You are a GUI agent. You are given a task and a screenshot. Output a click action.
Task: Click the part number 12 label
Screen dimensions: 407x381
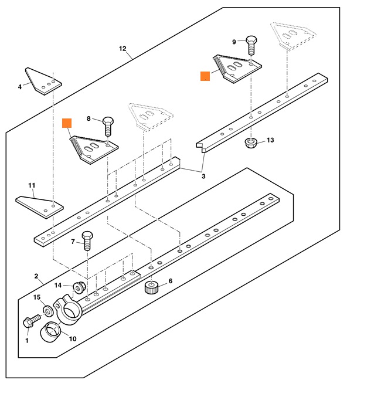pos(123,48)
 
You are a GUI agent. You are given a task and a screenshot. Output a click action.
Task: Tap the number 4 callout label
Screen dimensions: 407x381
pos(20,86)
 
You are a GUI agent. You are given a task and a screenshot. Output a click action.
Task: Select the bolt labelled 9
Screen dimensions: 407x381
pos(252,45)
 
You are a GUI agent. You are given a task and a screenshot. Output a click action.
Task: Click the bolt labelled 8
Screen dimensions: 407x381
pos(108,125)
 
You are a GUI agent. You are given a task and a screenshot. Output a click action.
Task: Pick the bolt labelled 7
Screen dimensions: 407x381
pos(88,240)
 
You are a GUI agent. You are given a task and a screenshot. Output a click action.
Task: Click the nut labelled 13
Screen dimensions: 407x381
pos(251,143)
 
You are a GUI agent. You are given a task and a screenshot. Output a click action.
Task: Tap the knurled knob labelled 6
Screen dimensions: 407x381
pos(152,287)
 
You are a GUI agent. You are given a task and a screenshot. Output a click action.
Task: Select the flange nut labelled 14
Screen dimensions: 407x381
pos(79,287)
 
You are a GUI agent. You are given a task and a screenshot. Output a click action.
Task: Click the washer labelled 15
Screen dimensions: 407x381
pos(48,308)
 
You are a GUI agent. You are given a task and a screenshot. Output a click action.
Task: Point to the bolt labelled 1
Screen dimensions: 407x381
pos(30,322)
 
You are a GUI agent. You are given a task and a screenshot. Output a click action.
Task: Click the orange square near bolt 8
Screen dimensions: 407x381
pos(67,123)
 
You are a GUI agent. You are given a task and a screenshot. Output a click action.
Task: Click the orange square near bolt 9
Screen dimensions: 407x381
pos(205,76)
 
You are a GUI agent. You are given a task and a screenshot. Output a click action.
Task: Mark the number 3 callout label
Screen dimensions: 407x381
pos(203,176)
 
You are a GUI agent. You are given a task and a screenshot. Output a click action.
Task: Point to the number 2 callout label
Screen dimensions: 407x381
pos(36,276)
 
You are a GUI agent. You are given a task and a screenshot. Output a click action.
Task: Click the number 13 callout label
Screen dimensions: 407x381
pos(270,140)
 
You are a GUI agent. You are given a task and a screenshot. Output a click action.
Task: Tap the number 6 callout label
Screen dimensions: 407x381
pos(171,281)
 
